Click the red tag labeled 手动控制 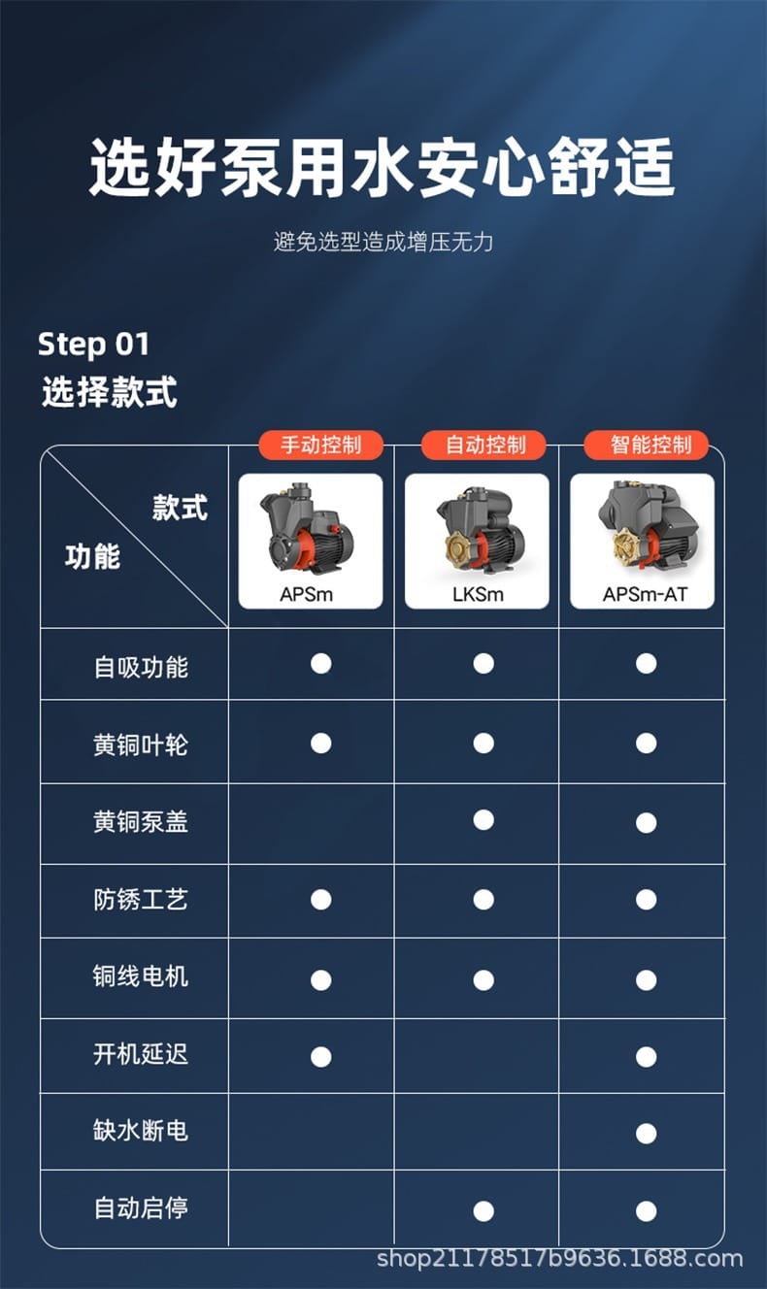tap(320, 446)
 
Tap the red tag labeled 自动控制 tap(484, 446)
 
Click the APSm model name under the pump tap(306, 594)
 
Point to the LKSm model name tap(478, 594)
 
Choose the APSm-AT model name tap(645, 594)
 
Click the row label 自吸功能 tap(141, 667)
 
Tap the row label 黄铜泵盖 tap(141, 822)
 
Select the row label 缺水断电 tap(141, 1131)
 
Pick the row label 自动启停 tap(141, 1208)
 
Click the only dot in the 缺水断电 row tap(646, 1133)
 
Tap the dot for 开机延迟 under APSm tap(320, 1056)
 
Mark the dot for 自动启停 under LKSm tap(484, 1210)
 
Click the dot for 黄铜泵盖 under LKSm tap(484, 820)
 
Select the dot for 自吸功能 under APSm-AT tap(646, 664)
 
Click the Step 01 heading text tap(94, 345)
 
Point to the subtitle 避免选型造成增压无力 tap(383, 242)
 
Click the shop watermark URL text tap(559, 1260)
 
